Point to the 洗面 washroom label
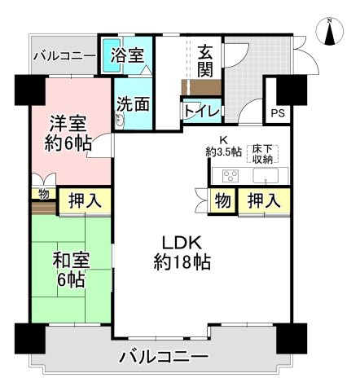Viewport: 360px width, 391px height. [x=133, y=104]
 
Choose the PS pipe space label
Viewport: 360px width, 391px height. [x=279, y=114]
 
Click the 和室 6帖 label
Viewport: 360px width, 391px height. [x=71, y=269]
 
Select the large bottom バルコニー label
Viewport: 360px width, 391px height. [x=163, y=356]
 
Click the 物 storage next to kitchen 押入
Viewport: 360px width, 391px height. [x=222, y=200]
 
